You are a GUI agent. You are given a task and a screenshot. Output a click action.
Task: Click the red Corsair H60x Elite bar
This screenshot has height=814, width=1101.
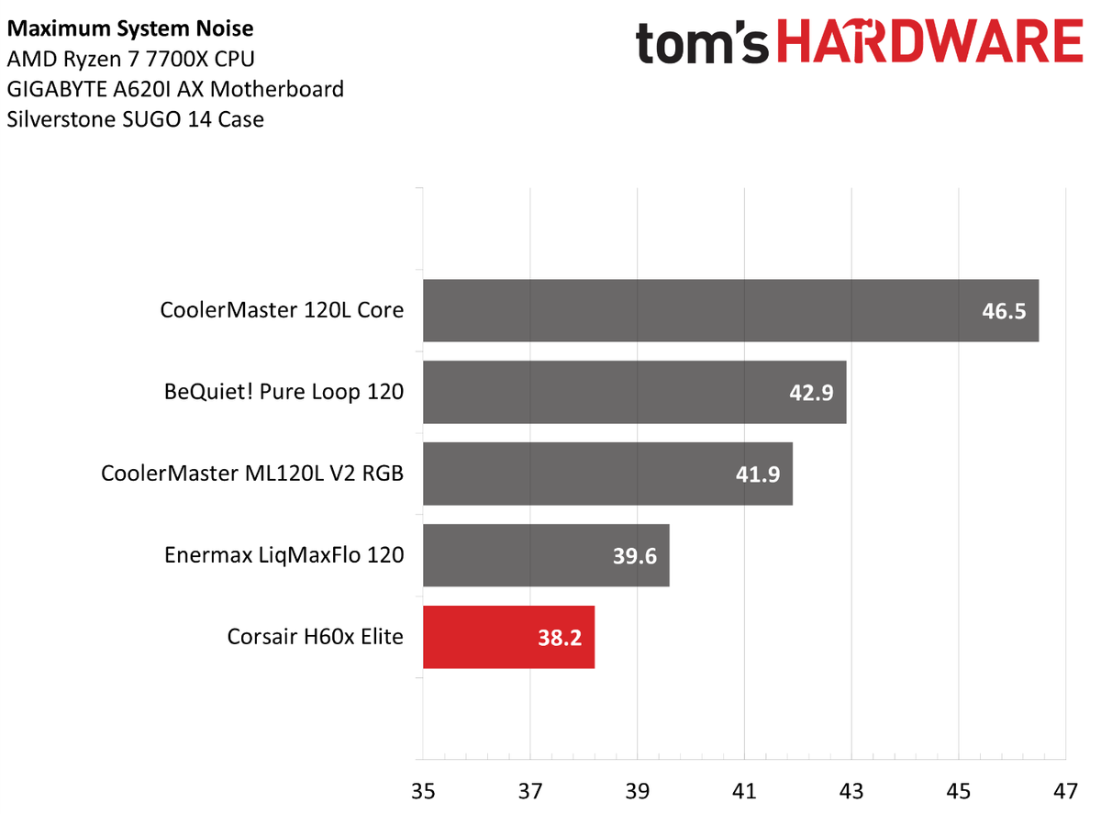click(x=508, y=637)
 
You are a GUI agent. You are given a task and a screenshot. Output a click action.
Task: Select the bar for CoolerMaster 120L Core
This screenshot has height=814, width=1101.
click(x=730, y=310)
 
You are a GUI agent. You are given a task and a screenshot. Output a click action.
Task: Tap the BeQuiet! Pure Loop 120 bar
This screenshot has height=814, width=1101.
click(x=634, y=392)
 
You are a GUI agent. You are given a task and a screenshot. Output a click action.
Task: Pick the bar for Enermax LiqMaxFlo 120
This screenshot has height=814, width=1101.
click(x=546, y=555)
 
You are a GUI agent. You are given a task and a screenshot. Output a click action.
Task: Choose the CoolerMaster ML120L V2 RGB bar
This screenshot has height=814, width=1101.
click(x=607, y=474)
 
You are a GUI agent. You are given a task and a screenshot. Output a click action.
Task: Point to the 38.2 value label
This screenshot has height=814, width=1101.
click(x=560, y=638)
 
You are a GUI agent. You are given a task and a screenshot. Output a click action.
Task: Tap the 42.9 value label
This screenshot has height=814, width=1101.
click(x=810, y=393)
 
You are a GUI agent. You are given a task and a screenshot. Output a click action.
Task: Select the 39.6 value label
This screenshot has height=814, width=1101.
click(x=634, y=556)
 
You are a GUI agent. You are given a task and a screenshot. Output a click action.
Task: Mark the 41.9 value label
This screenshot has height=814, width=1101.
click(x=757, y=474)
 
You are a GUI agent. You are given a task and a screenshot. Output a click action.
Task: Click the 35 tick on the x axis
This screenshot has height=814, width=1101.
click(x=423, y=789)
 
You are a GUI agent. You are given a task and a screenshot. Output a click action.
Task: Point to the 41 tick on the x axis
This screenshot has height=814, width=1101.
click(x=744, y=789)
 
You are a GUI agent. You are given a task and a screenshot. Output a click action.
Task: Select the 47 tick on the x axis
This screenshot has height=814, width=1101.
click(x=1065, y=789)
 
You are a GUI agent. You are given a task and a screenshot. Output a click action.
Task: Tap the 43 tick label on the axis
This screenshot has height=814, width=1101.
click(x=851, y=789)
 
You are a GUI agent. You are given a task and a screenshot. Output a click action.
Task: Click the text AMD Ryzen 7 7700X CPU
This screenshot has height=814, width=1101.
click(x=130, y=59)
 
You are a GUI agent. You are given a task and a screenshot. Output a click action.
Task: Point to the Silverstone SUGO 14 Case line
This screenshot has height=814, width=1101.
click(x=135, y=119)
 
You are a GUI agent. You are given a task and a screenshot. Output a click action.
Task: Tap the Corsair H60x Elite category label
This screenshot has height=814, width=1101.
click(x=315, y=636)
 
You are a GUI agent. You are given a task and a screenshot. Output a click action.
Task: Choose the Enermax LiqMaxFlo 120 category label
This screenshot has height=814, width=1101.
click(x=284, y=554)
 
